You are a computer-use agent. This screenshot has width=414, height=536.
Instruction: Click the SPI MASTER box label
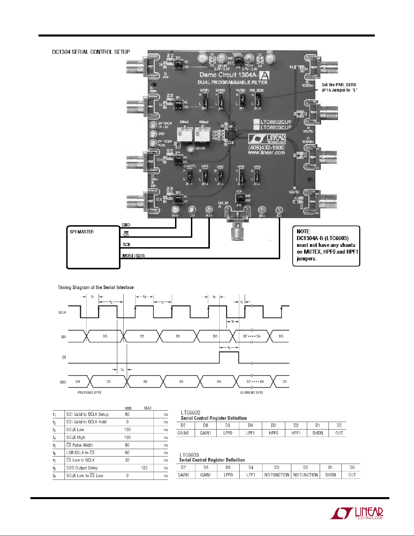(81, 232)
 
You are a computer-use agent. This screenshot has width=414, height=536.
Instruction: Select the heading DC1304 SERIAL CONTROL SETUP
(91, 52)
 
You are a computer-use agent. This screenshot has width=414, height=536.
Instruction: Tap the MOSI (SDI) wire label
(133, 256)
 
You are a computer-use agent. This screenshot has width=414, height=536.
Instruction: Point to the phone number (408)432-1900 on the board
(266, 147)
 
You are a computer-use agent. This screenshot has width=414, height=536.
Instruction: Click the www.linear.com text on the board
(266, 153)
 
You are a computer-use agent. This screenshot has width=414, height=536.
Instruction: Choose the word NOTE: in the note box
(303, 231)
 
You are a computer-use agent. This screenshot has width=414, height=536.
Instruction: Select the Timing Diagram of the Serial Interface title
(96, 287)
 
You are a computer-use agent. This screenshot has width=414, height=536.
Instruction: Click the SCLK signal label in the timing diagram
(62, 312)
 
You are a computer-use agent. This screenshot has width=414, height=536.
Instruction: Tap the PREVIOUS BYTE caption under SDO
(90, 393)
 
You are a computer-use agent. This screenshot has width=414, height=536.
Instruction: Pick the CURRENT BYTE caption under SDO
(252, 393)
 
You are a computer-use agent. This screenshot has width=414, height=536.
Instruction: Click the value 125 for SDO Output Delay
(144, 468)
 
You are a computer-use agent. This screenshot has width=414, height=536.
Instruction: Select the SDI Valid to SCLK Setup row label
(87, 414)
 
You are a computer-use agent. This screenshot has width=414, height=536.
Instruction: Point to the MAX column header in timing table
(148, 408)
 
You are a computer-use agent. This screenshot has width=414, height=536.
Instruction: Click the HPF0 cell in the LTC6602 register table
(273, 433)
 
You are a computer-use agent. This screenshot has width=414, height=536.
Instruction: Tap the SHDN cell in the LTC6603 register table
(331, 475)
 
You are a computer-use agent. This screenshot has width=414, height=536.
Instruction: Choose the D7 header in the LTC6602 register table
(183, 425)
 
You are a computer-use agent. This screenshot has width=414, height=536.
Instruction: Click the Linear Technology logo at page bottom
(357, 513)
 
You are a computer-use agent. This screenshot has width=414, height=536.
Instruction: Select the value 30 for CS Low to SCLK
(127, 460)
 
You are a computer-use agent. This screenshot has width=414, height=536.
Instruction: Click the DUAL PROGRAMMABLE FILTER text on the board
(233, 82)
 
